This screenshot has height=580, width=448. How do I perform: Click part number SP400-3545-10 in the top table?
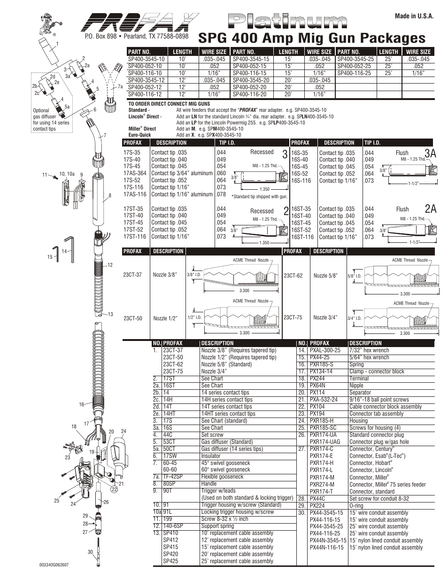147,59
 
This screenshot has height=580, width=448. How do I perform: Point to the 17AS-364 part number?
135,173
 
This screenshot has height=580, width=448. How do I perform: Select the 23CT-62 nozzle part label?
293,276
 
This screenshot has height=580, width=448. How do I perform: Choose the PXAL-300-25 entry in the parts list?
324,350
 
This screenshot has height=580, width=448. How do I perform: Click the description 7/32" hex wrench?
369,350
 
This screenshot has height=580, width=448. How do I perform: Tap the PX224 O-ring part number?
317,506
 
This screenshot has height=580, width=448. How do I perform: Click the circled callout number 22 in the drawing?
114,489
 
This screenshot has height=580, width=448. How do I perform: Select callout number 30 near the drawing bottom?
90,552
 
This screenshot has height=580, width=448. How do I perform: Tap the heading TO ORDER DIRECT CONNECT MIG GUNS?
169,104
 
